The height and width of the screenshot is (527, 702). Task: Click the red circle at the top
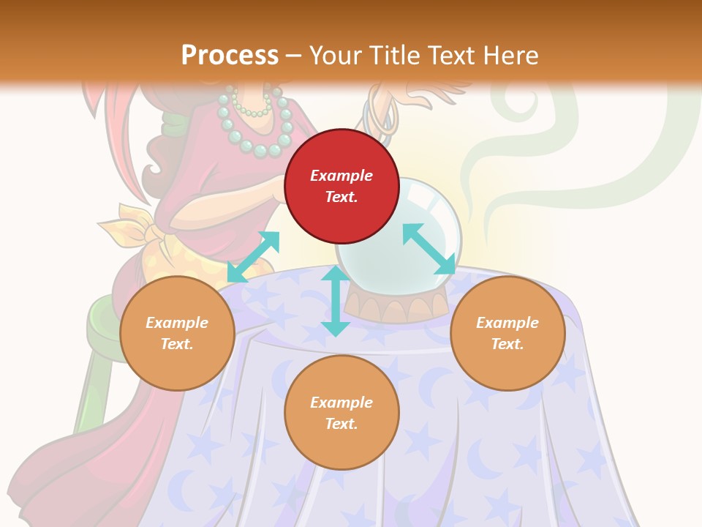point(341,186)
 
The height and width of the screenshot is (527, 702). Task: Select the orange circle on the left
point(177,333)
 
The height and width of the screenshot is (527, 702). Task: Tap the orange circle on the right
point(507,333)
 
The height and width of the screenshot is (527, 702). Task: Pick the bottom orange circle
point(341,413)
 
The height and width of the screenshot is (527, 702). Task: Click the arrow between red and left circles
point(253,256)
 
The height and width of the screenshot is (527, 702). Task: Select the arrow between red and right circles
point(429,249)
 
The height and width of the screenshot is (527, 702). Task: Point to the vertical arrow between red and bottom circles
point(336,301)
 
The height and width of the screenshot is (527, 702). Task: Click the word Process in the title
point(230,55)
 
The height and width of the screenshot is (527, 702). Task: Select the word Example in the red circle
point(341,176)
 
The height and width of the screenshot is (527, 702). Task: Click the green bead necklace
point(256,124)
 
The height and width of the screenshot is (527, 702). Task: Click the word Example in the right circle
point(507,323)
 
